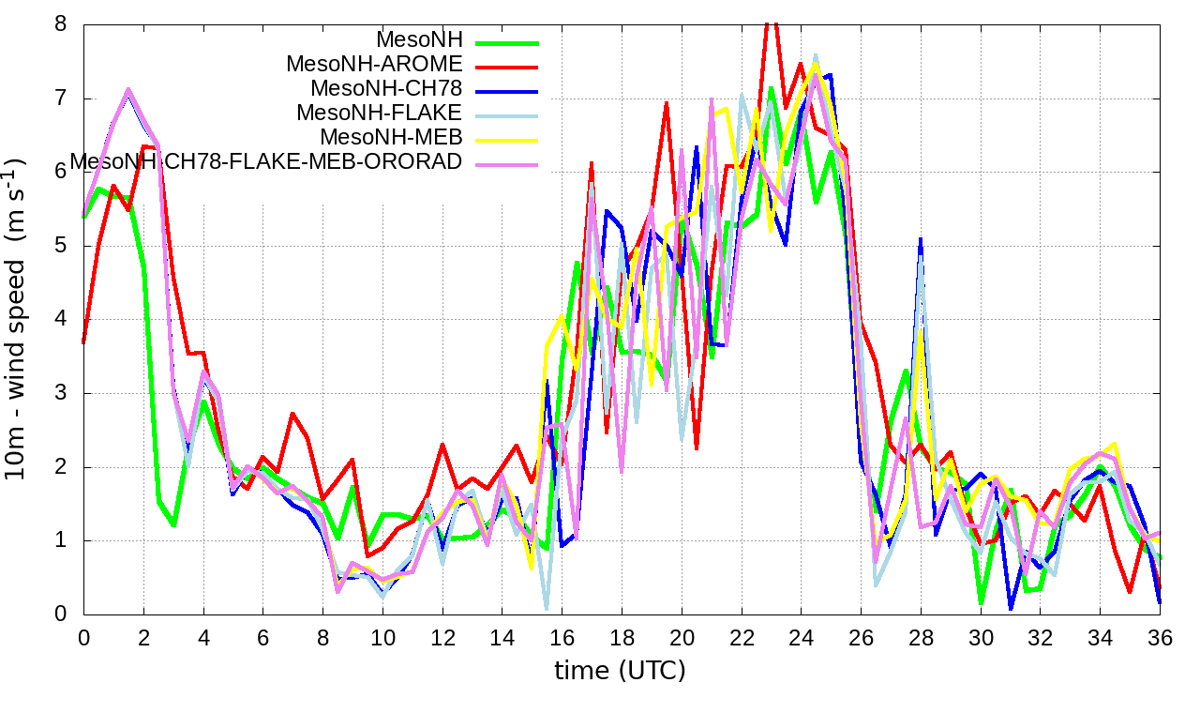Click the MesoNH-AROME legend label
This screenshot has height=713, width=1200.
tap(375, 65)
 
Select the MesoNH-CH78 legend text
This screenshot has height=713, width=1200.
tap(386, 89)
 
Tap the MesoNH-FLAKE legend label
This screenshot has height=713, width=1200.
tap(380, 114)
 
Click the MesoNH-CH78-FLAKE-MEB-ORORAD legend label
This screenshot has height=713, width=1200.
tap(266, 162)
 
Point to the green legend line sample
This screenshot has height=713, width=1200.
tap(507, 41)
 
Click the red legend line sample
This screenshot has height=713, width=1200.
tap(507, 66)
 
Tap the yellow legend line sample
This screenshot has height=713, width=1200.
tap(507, 139)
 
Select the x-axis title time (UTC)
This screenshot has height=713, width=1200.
tap(620, 671)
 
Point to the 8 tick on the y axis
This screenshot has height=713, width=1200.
tap(61, 24)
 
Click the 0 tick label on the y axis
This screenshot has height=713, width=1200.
tap(61, 614)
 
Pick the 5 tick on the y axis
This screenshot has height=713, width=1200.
tap(61, 246)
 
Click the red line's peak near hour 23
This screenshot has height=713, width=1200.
tap(771, 23)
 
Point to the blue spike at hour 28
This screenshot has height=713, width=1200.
tap(921, 240)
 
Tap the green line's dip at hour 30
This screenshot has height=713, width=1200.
tap(981, 602)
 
